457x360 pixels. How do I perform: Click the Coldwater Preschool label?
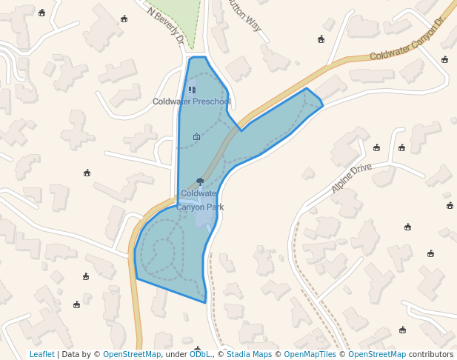[x=192, y=101]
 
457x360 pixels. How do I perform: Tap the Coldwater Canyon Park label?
[x=199, y=201]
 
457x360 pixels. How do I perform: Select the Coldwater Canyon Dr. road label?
[x=405, y=44]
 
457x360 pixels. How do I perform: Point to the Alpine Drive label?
[x=351, y=179]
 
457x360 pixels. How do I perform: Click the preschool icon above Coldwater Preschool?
[x=193, y=90]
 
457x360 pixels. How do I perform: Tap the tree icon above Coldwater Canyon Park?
[x=200, y=181]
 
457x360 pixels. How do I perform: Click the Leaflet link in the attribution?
[x=42, y=354]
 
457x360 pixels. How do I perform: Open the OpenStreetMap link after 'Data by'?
[x=132, y=354]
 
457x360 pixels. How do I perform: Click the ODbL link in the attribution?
[x=199, y=354]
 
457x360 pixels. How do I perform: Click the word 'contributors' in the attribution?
[x=431, y=354]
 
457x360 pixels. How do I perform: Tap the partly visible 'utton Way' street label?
[x=245, y=14]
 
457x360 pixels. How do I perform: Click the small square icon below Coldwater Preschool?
[x=196, y=136]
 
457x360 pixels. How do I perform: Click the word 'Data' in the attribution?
[x=70, y=354]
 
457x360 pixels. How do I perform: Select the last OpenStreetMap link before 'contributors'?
[x=377, y=354]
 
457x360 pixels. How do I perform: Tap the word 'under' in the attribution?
[x=176, y=354]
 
